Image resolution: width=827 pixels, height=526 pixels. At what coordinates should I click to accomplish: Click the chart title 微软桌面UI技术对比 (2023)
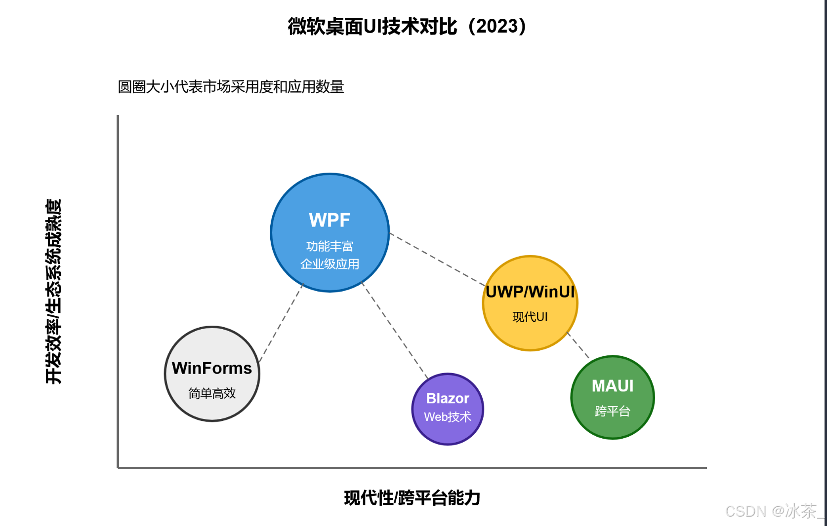pos(407,27)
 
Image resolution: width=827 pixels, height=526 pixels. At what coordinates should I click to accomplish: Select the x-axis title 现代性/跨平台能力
pos(412,498)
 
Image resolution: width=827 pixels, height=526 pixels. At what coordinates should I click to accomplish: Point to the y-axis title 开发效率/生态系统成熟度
pos(53,291)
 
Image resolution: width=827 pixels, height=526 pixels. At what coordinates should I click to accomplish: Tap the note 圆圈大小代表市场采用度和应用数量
pos(231,87)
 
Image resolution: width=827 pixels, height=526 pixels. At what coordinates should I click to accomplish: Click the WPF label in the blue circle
pos(330,220)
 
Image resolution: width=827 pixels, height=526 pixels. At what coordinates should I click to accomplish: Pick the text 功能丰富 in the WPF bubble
pos(330,246)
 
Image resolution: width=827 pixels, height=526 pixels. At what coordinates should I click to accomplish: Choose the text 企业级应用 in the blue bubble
pos(330,264)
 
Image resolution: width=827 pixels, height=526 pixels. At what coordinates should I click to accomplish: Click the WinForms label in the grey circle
pos(212,368)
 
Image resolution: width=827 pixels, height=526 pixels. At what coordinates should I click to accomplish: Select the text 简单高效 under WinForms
pos(212,393)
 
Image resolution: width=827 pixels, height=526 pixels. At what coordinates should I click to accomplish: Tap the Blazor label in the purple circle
pos(448,398)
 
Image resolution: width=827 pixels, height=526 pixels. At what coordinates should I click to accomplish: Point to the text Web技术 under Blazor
pos(448,417)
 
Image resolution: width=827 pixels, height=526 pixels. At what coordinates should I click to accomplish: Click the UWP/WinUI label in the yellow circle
pos(530,292)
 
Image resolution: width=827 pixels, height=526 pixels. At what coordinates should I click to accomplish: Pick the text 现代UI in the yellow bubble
pos(530,317)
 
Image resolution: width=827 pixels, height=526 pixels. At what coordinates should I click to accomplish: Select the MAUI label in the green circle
pos(613,386)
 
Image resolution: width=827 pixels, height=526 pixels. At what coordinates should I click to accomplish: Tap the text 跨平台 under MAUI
pos(613,411)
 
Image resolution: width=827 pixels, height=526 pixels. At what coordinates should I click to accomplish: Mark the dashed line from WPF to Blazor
pos(395,331)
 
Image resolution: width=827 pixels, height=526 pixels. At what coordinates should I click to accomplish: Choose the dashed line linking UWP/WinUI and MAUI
pos(579,345)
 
